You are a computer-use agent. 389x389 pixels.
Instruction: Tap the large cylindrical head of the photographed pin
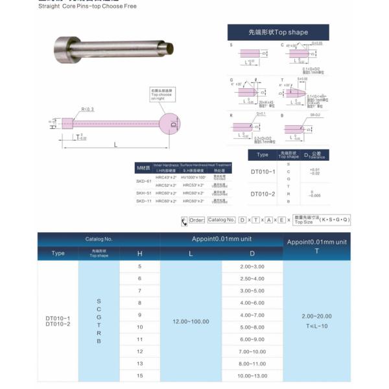tap(63, 48)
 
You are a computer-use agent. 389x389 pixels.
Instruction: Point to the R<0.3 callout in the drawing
tap(88, 109)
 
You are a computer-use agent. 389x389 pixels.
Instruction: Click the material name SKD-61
tap(143, 181)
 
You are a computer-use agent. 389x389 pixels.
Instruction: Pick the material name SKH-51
tap(143, 193)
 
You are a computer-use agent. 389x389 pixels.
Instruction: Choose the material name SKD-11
tap(143, 202)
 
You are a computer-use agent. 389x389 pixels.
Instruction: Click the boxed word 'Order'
tap(196, 220)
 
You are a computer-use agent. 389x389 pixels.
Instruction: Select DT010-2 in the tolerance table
tap(263, 194)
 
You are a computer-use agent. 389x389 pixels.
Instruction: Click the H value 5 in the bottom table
tap(139, 266)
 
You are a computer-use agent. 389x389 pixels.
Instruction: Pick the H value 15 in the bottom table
tap(139, 375)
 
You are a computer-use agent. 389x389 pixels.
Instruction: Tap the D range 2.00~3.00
tap(252, 266)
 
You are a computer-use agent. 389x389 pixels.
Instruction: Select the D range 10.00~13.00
tap(252, 375)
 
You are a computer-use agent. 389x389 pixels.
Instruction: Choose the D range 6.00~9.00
tap(252, 339)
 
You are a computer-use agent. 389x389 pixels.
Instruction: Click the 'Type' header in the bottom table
tap(58, 253)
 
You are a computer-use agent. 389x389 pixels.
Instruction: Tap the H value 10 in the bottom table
tap(139, 327)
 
